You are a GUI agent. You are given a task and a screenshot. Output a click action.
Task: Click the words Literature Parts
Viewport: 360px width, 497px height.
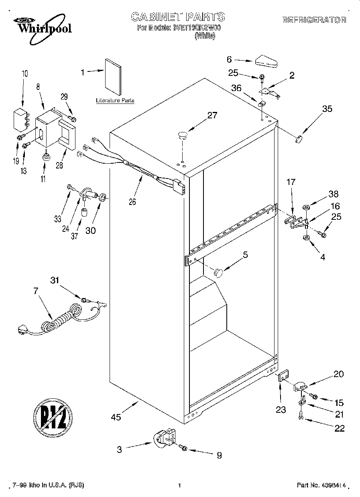coord(115,101)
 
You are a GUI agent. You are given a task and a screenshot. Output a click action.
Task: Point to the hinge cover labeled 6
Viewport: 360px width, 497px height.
coord(266,61)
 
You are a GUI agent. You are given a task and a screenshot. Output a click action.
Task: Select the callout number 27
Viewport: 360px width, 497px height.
coord(212,116)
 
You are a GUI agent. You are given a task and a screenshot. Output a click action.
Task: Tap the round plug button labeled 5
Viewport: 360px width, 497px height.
coord(218,272)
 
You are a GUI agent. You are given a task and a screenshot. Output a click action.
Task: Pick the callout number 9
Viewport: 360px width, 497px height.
coord(219,455)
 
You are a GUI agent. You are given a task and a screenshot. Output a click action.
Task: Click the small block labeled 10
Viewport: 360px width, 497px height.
coord(20,119)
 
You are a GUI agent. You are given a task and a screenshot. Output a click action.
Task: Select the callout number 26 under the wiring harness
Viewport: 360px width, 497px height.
coord(132,202)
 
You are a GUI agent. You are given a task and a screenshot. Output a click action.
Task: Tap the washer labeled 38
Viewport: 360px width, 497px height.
coord(306,207)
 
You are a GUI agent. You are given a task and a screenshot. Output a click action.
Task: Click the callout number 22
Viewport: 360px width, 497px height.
coord(339,428)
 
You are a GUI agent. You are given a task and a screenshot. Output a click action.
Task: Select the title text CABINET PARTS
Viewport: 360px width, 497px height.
coord(178,16)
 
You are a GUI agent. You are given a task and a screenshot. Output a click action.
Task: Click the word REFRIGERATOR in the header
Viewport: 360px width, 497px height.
coord(314,20)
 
